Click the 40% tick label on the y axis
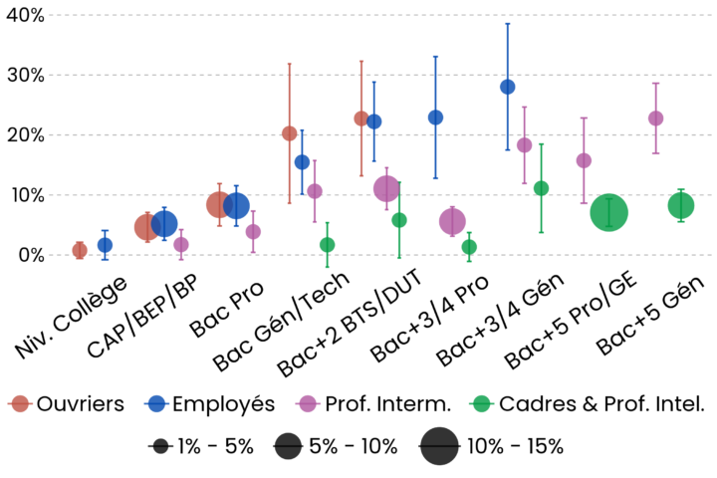click(x=22, y=15)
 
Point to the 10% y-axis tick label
click(x=22, y=195)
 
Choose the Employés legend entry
click(x=209, y=403)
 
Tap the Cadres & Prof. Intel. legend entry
click(x=588, y=403)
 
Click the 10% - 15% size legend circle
click(x=438, y=445)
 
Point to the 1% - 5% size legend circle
click(x=159, y=445)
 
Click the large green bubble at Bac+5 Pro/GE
click(x=608, y=212)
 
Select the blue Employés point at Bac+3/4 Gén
click(x=507, y=87)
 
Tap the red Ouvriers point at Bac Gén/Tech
click(x=289, y=133)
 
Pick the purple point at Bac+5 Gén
click(x=655, y=118)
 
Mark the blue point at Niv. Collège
click(x=105, y=244)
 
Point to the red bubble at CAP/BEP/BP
click(x=146, y=228)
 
